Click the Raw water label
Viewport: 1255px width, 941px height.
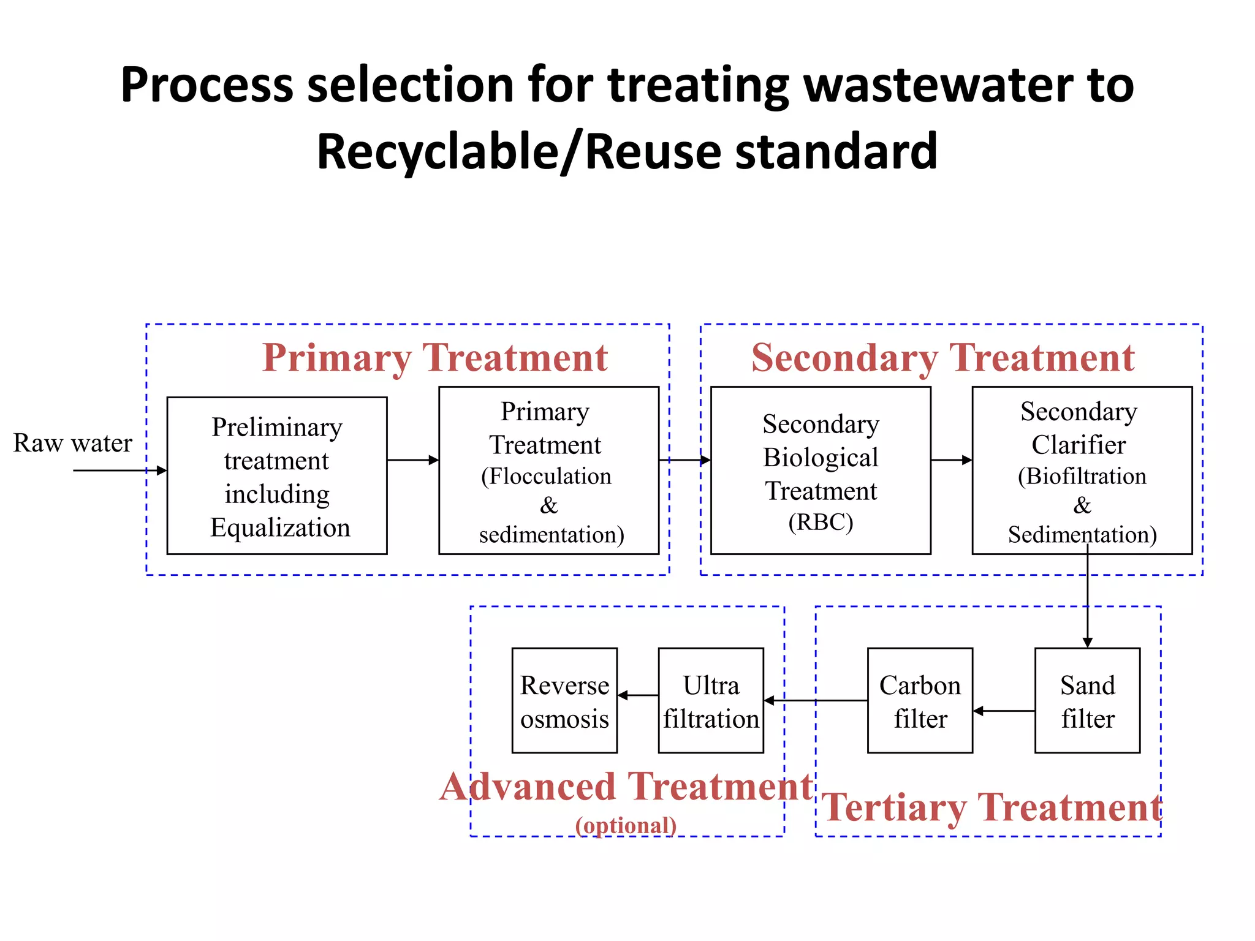(x=72, y=443)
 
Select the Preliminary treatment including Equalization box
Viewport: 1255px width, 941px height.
(x=277, y=476)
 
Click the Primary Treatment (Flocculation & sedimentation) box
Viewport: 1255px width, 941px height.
(x=548, y=470)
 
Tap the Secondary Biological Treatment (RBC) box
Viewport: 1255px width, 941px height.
(x=820, y=470)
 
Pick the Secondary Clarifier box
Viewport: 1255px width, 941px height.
(x=1082, y=470)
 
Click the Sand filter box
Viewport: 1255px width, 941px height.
(x=1087, y=700)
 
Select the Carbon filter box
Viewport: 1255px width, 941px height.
(x=920, y=700)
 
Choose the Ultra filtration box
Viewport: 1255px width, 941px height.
(x=711, y=700)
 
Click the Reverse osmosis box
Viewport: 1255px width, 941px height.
(x=564, y=700)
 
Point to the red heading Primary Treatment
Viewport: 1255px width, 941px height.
(x=434, y=358)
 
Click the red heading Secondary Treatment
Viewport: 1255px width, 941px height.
(x=942, y=358)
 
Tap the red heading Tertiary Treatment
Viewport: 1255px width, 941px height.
(x=991, y=807)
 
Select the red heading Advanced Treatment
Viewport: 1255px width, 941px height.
(x=626, y=787)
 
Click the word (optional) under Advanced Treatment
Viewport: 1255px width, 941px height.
(x=626, y=825)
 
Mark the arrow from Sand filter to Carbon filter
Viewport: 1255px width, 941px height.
(x=1004, y=711)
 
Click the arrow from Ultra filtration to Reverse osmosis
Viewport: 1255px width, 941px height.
(x=638, y=695)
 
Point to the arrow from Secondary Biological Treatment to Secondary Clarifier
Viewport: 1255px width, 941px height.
(x=951, y=460)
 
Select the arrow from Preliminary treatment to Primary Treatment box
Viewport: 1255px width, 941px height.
(x=413, y=460)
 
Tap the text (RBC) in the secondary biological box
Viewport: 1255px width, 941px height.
(x=820, y=522)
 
